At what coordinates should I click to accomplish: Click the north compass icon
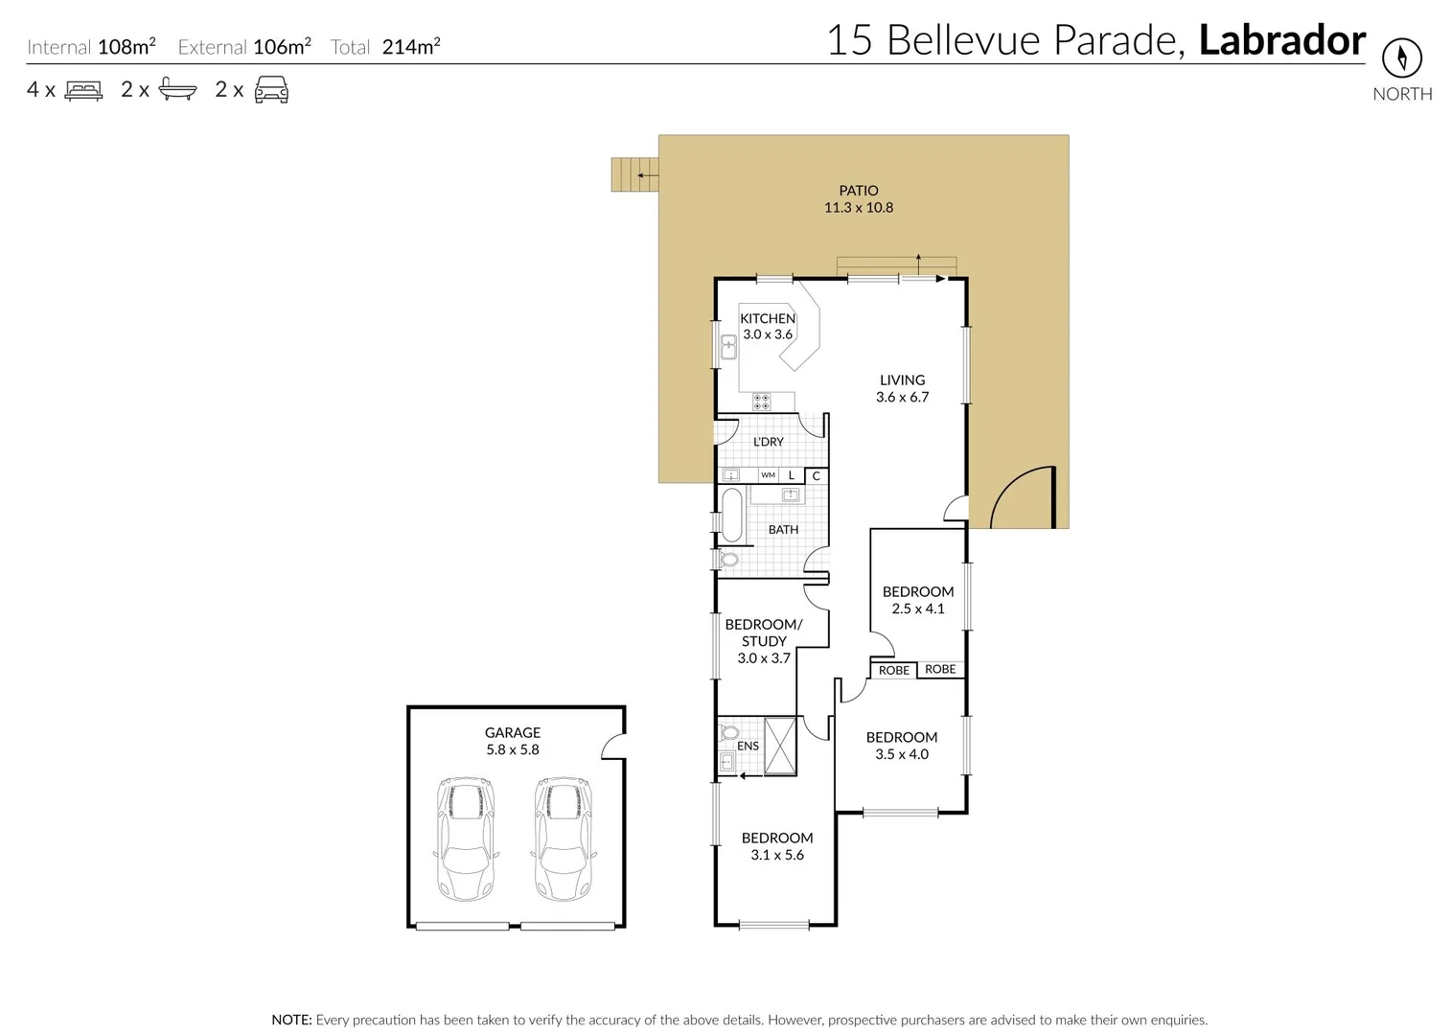pyautogui.click(x=1401, y=58)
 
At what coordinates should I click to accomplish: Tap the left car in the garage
pyautogui.click(x=465, y=839)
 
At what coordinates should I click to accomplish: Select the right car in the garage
pyautogui.click(x=563, y=839)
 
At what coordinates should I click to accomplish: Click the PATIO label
pyautogui.click(x=858, y=191)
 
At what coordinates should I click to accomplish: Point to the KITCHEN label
pyautogui.click(x=767, y=318)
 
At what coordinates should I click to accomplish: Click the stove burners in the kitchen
pyautogui.click(x=761, y=402)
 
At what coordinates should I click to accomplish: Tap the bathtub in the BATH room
pyautogui.click(x=732, y=516)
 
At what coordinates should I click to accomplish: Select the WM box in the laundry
pyautogui.click(x=768, y=475)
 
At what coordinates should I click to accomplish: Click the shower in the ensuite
pyautogui.click(x=780, y=745)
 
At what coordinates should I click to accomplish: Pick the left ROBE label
pyautogui.click(x=893, y=670)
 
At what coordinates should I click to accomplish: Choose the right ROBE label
pyautogui.click(x=940, y=669)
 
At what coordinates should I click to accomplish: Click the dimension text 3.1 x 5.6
pyautogui.click(x=776, y=855)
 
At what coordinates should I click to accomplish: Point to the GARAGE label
pyautogui.click(x=512, y=732)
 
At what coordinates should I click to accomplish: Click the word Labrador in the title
pyautogui.click(x=1281, y=40)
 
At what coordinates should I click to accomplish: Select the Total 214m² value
pyautogui.click(x=410, y=47)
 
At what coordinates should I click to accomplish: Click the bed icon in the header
pyautogui.click(x=83, y=91)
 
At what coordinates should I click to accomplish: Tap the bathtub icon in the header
pyautogui.click(x=177, y=90)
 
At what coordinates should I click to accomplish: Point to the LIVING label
pyautogui.click(x=902, y=379)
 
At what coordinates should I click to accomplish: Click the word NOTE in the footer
pyautogui.click(x=291, y=1020)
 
